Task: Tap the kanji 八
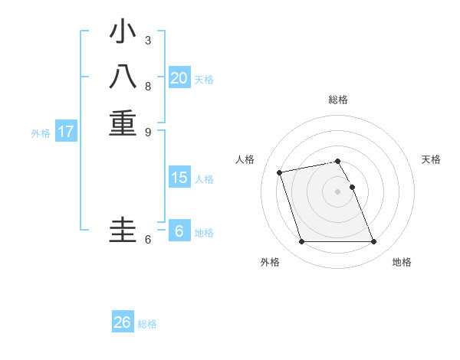(x=123, y=78)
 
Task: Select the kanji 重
(x=123, y=123)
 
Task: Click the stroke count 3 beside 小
(x=148, y=40)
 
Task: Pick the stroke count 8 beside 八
(x=148, y=86)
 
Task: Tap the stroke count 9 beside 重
(x=148, y=131)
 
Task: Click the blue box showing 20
(x=179, y=78)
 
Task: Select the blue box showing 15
(x=179, y=178)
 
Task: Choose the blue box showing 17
(x=66, y=132)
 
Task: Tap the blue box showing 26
(x=123, y=322)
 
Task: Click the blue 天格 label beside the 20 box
(x=204, y=80)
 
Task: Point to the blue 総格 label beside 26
(x=147, y=324)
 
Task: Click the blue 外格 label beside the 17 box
(x=41, y=133)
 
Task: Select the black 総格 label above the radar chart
(x=338, y=100)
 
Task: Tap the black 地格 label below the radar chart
(x=402, y=262)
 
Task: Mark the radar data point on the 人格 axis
(x=280, y=172)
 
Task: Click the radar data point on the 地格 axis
(x=373, y=242)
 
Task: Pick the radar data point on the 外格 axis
(x=302, y=242)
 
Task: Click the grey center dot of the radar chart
(x=338, y=191)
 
